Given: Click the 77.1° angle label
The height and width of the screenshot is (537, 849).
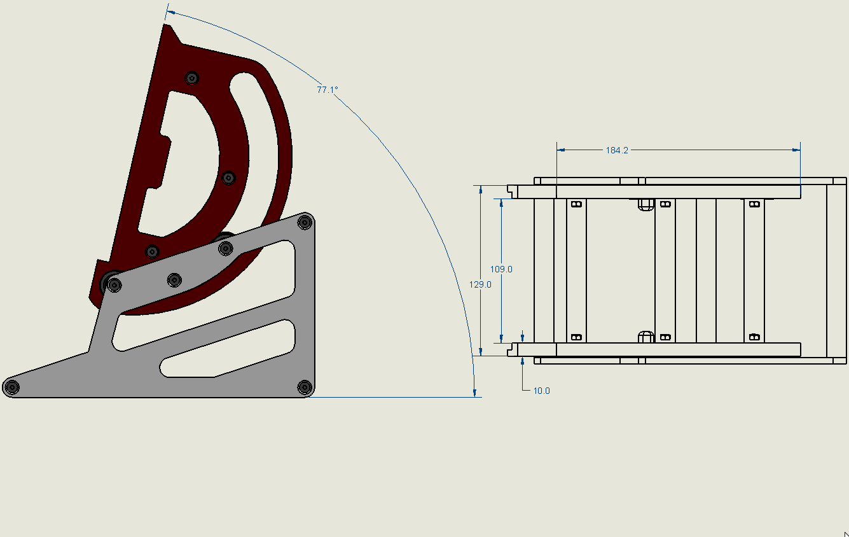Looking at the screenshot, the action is (x=327, y=90).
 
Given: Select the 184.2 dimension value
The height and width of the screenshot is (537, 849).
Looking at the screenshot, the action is (x=617, y=151).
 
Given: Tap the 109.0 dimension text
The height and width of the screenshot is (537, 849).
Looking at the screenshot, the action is (x=501, y=269).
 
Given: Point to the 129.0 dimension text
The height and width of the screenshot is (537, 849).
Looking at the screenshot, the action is (x=480, y=284).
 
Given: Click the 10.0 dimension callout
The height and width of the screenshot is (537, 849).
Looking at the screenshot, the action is (x=541, y=391).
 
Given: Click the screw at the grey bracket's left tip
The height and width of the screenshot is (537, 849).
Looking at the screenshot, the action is (x=12, y=387).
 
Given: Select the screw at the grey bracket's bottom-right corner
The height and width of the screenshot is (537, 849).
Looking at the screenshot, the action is (x=305, y=387).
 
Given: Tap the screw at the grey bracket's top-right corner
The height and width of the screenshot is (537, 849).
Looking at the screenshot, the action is (x=305, y=222).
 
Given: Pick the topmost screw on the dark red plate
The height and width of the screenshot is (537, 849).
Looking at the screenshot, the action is (x=192, y=78).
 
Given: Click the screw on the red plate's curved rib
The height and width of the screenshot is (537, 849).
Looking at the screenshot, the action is (x=228, y=178).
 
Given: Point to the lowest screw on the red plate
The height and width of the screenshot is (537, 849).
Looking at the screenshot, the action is (x=153, y=251).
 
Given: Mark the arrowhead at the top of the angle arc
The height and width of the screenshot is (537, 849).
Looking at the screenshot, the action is (x=171, y=13).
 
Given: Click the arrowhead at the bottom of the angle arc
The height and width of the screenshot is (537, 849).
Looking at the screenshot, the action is (x=474, y=393).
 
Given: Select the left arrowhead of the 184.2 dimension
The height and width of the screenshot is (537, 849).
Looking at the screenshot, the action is (x=561, y=150).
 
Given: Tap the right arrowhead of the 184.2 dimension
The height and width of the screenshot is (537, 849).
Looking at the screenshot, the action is (x=796, y=150).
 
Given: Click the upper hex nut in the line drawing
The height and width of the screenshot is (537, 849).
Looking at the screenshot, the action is (x=645, y=204).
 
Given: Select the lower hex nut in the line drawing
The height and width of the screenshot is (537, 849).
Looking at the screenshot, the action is (x=645, y=337).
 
